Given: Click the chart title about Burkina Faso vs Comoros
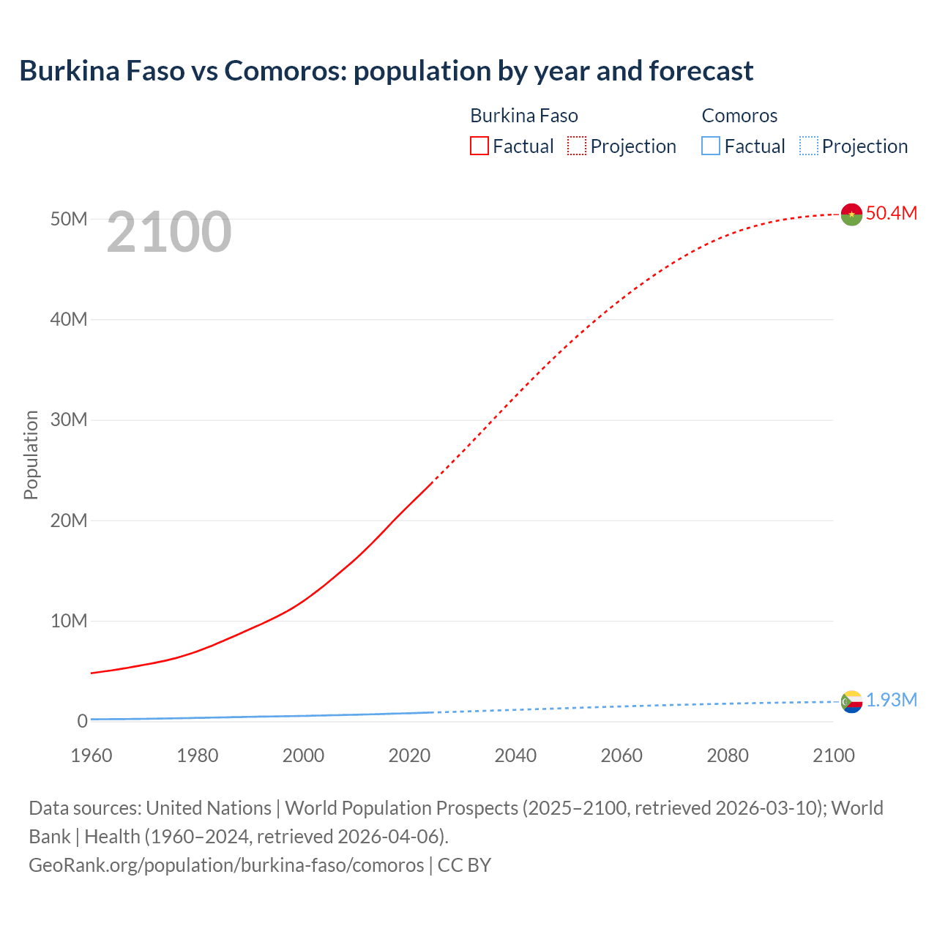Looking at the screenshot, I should pos(386,71).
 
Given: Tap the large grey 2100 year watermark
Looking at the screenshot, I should pos(169,232).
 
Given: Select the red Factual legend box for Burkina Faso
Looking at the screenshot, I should pos(479,146).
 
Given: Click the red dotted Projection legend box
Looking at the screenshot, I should pos(577,146).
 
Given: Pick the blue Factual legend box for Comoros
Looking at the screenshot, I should pos(711,146).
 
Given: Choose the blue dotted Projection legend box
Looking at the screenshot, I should pos(809,146).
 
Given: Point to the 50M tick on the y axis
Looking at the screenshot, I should pos(69,219).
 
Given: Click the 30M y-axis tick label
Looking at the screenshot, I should pos(69,419).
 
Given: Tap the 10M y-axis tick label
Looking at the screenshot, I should pos(69,621).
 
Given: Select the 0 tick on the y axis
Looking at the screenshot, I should pos(82,721).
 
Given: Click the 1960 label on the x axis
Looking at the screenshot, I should pos(92,755).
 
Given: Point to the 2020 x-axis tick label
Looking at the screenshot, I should pos(409,755).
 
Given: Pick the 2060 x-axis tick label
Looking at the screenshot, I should pos(621,755).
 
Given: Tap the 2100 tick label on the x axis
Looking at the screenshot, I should pos(834,755).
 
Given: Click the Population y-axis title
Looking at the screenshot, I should pos(31,455).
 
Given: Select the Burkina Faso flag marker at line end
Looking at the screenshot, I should pos(851,214).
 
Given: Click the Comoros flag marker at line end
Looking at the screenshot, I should pos(851,701).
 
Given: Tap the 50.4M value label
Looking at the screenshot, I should pos(891,213).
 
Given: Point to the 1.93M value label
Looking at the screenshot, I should pos(892,701).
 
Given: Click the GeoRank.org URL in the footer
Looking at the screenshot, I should pos(226,865).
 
